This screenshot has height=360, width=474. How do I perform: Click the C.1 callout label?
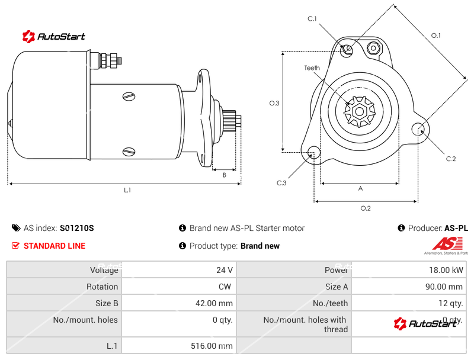coord(312,19)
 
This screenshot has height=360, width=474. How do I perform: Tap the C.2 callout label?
coord(451,158)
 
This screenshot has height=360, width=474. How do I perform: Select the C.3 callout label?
coord(281,183)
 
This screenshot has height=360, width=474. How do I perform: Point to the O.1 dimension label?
coord(435,36)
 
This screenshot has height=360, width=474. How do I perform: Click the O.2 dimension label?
coord(366,208)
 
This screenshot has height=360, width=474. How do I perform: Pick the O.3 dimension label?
coord(274,103)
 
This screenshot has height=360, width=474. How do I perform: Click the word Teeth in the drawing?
coord(312,68)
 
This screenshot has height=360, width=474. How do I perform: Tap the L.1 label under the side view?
coord(127,190)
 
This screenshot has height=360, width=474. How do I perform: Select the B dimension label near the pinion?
coord(225,175)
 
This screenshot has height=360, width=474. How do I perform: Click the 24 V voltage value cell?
coord(225,270)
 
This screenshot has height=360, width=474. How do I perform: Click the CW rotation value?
coord(226,287)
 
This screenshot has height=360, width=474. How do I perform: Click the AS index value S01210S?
coord(76,228)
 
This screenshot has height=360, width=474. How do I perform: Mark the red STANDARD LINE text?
coord(54,246)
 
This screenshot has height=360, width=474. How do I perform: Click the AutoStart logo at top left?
coord(54,36)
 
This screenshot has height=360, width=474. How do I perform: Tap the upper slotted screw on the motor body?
coord(129,96)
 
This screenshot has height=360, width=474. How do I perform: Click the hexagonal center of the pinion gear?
coord(359,111)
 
